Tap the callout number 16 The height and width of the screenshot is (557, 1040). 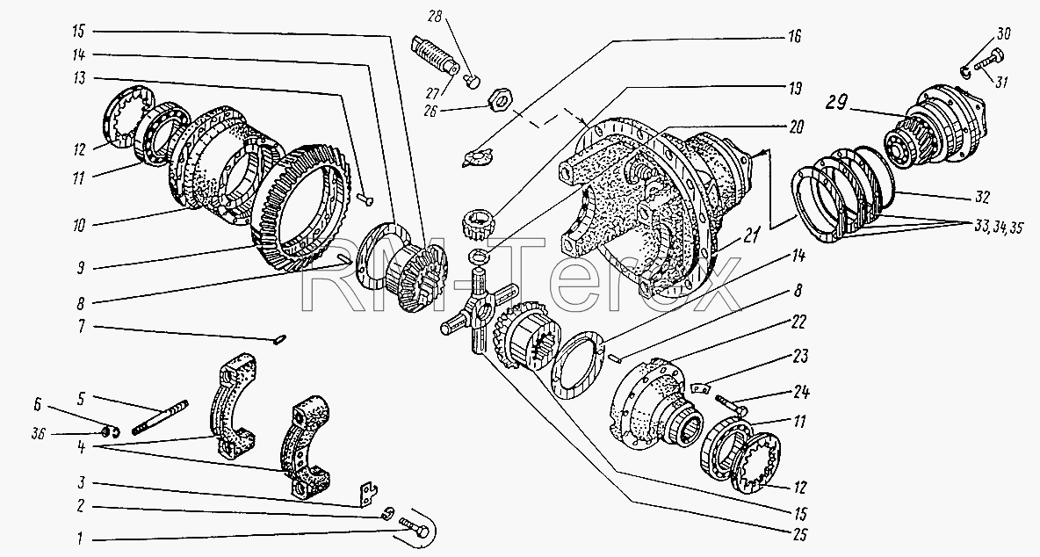coord(793,36)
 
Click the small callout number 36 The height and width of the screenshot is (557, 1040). coord(40,434)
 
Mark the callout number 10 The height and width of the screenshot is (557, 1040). coord(79,226)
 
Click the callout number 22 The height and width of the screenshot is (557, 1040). coord(799,322)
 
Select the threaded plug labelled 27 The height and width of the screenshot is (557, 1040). coord(436,54)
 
